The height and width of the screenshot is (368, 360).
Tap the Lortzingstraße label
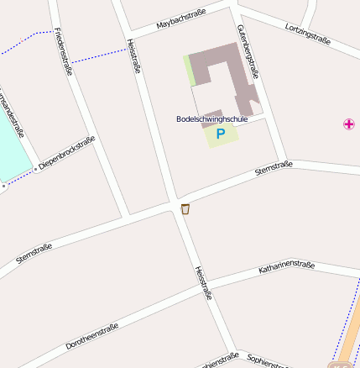pos(307,34)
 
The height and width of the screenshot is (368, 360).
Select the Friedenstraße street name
pos(62,51)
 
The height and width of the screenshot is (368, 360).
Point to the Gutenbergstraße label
pos(247,50)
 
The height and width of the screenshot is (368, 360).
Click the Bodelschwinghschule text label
pos(212,119)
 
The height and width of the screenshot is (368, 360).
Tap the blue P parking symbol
pos(221,134)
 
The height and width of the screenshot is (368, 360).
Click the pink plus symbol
pos(349,124)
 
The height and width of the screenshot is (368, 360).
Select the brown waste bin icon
pos(185,209)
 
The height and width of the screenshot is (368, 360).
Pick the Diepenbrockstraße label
pos(66,154)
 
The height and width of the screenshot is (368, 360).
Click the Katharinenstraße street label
pos(286,267)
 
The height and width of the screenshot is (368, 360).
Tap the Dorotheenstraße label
pos(93,335)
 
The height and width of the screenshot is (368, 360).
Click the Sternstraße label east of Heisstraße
pos(274,170)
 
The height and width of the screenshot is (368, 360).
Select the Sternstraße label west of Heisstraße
pos(34,253)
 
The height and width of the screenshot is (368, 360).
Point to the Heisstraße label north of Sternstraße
pos(133,55)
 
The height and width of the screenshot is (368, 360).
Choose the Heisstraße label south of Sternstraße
pos(203,283)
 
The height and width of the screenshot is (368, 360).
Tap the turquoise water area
pos(10,143)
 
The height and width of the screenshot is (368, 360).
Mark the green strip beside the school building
pos(190,71)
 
